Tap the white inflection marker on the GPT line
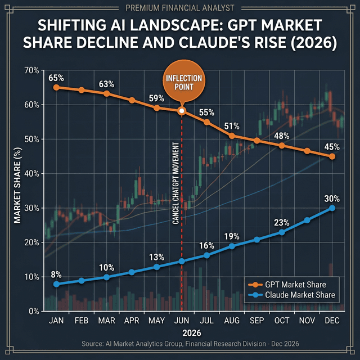181,111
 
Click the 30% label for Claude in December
332,198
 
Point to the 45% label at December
332,147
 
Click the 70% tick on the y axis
31,70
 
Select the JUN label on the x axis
182,321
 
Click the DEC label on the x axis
332,321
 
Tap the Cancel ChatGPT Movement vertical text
176,180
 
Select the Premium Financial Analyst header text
180,7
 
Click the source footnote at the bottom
180,344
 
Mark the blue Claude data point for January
56,284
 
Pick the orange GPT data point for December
332,156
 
